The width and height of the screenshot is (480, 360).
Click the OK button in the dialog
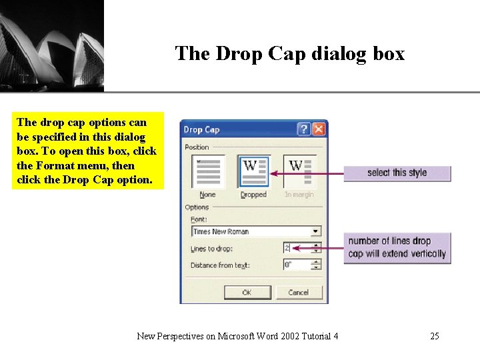[x=247, y=292]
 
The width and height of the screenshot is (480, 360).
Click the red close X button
[x=319, y=129]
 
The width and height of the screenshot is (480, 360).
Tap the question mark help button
[x=304, y=129]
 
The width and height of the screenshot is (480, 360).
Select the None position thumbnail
[x=208, y=171]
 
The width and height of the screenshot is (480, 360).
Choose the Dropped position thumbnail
[x=253, y=171]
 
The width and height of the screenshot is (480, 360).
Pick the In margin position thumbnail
[x=299, y=171]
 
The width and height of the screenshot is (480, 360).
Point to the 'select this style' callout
[x=397, y=173]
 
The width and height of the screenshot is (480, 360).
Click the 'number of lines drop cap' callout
[x=397, y=247]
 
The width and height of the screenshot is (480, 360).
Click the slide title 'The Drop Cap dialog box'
[x=289, y=53]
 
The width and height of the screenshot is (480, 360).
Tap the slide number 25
[x=435, y=336]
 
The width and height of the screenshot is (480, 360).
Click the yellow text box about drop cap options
[x=87, y=151]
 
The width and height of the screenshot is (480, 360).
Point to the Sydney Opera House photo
[x=51, y=45]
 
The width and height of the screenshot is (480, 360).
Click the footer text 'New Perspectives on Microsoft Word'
[x=237, y=336]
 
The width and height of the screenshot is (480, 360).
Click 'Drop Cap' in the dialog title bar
[x=201, y=129]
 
